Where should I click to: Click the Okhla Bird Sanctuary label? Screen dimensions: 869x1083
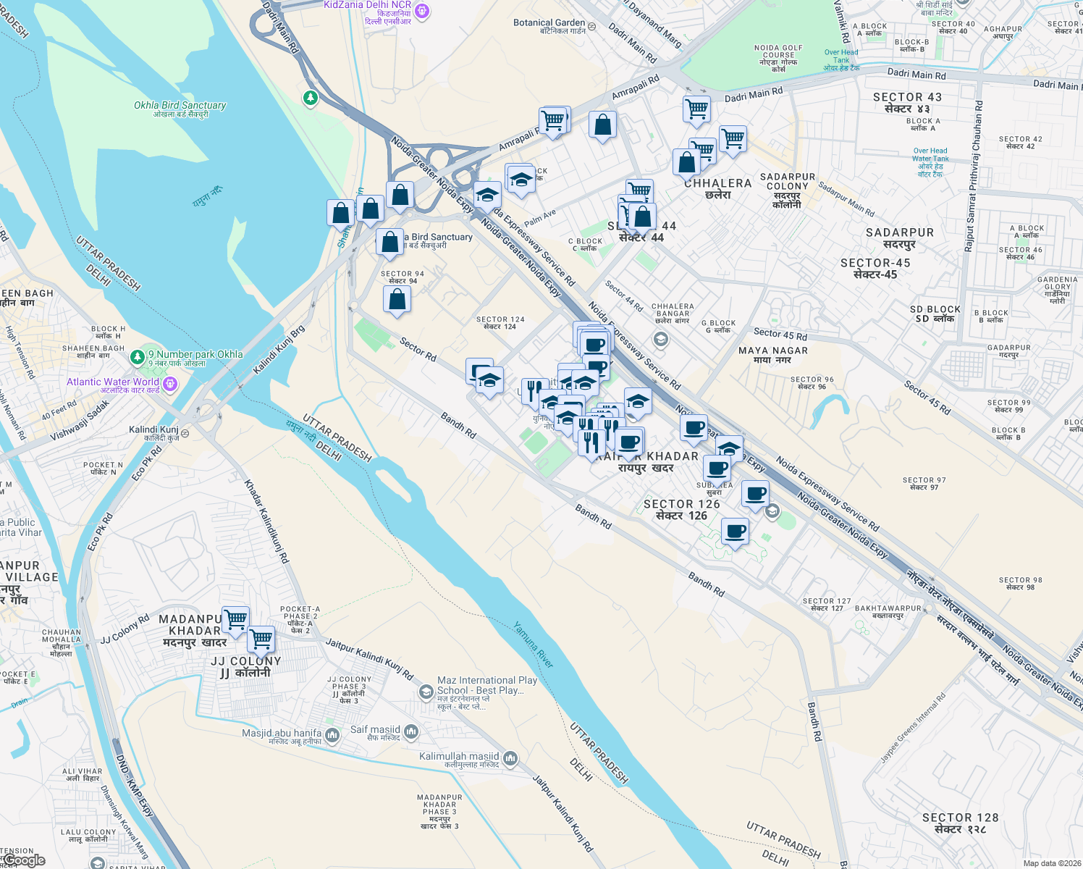(180, 109)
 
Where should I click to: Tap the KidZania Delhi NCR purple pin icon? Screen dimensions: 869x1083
(423, 11)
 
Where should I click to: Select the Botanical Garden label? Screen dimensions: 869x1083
(549, 26)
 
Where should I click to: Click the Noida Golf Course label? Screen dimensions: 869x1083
(778, 58)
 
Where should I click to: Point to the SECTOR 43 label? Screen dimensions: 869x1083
(907, 103)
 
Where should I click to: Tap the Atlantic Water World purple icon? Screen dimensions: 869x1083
(170, 383)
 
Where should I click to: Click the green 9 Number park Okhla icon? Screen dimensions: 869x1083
(137, 358)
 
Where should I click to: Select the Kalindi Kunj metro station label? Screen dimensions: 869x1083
(153, 433)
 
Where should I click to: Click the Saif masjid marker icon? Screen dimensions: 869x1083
(411, 732)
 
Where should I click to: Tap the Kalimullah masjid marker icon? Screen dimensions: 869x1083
(510, 758)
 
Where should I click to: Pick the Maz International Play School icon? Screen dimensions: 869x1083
(426, 692)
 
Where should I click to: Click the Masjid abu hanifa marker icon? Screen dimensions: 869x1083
(332, 736)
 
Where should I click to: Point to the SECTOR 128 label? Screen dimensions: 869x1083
(960, 823)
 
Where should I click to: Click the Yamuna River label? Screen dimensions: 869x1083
(534, 645)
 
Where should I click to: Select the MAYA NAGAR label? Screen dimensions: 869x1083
(772, 354)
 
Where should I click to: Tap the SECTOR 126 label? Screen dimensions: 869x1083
(681, 509)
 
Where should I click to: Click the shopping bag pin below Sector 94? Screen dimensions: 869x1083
(397, 299)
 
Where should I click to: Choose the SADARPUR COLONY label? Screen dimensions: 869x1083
(787, 190)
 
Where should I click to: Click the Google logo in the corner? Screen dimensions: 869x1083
(24, 860)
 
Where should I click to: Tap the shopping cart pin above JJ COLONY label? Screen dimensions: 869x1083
(261, 639)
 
